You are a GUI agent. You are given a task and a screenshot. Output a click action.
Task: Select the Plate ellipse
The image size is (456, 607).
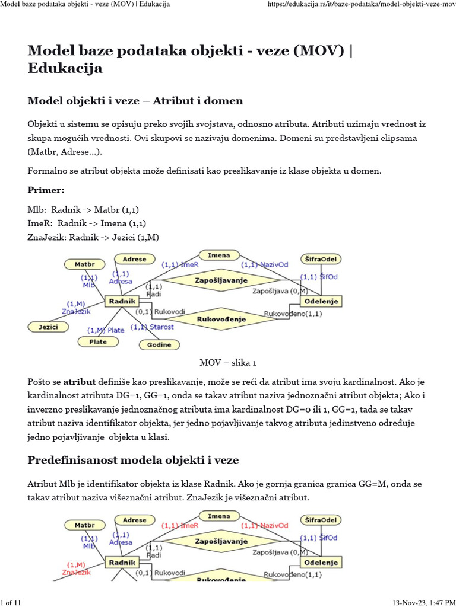(98, 341)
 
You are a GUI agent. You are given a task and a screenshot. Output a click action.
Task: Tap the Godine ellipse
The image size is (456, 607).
(159, 344)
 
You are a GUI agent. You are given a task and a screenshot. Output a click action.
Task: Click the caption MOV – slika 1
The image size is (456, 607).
(227, 362)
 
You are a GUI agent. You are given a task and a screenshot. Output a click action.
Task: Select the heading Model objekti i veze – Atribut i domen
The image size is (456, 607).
(135, 101)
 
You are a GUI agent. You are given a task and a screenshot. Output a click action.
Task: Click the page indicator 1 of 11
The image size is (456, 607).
(11, 602)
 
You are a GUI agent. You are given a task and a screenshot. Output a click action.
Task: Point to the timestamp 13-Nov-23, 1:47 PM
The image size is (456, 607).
(422, 602)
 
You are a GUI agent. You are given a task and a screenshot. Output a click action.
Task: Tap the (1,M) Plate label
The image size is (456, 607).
(106, 330)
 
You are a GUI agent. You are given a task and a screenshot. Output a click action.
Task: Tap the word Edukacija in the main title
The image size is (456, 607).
(65, 68)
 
